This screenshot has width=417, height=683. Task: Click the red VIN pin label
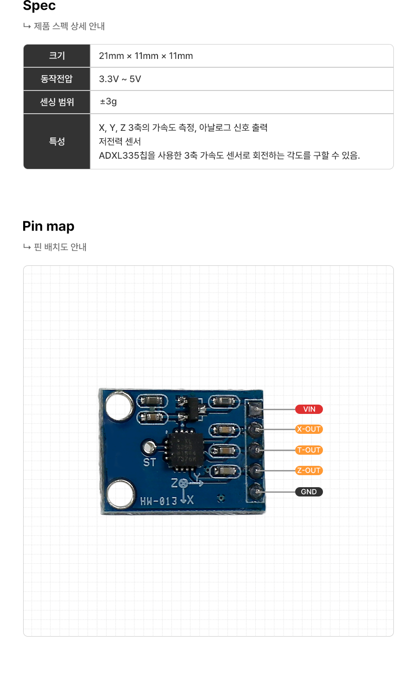(x=309, y=409)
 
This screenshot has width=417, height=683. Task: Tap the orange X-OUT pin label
(x=309, y=429)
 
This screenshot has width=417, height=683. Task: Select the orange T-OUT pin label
(x=309, y=450)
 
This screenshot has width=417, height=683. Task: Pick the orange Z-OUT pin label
(x=309, y=470)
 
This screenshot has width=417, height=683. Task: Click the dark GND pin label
(x=309, y=492)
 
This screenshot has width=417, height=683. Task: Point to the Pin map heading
(x=49, y=226)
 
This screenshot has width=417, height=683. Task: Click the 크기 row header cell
(x=57, y=56)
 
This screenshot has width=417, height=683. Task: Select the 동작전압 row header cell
(x=57, y=79)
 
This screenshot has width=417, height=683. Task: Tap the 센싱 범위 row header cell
(x=57, y=102)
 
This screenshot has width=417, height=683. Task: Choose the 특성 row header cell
(x=57, y=142)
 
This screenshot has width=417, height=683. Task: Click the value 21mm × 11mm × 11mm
(x=146, y=56)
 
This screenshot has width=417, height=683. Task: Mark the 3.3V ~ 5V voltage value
(x=120, y=79)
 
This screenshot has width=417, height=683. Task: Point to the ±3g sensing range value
(x=108, y=102)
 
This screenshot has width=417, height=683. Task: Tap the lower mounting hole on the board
(x=120, y=494)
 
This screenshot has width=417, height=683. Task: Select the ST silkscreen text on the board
(x=149, y=463)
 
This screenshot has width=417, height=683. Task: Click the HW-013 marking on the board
(x=159, y=501)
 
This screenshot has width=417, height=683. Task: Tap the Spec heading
(x=39, y=6)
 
